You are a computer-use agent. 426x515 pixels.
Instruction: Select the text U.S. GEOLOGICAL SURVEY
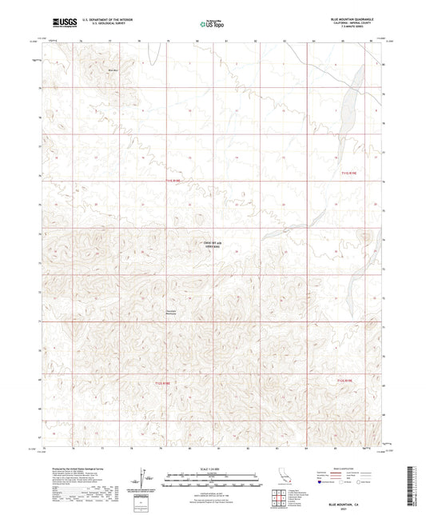click(x=94, y=22)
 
